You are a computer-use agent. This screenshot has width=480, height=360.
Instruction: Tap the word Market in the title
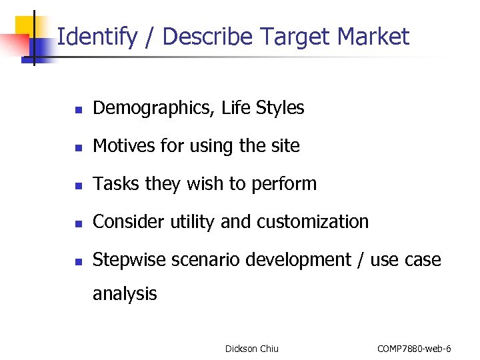coord(377,36)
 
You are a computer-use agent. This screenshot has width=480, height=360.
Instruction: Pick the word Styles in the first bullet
coord(279,108)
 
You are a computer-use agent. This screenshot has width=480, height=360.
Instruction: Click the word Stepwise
coord(129,260)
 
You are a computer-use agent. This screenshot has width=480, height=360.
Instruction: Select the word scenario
coord(204,260)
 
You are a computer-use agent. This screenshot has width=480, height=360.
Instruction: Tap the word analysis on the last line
coord(125,293)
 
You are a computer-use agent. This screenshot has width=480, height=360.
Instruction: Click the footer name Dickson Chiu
coord(252,349)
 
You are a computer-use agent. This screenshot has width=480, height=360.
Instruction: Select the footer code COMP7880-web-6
coord(414,349)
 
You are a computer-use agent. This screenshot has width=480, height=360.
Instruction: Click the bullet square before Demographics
coord(78,109)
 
